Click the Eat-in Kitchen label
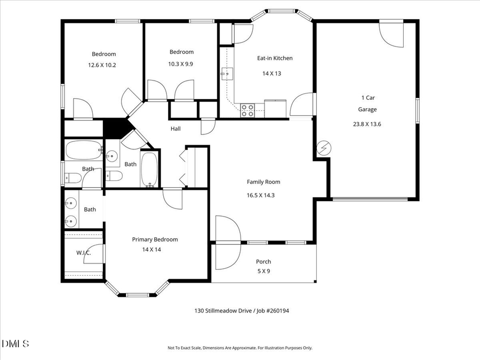[275, 58]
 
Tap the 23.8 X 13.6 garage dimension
[367, 124]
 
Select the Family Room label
[263, 182]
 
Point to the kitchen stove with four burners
[247, 110]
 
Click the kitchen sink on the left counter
[227, 73]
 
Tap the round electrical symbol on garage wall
[323, 148]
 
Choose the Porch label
[263, 261]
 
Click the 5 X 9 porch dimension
[263, 270]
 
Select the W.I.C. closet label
[84, 253]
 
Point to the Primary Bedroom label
[155, 239]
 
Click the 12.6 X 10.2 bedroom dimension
[102, 65]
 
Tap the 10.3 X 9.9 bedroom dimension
[181, 63]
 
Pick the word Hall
[175, 129]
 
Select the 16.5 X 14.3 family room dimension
[263, 195]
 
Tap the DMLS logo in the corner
[15, 343]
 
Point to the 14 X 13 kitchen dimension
[271, 74]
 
